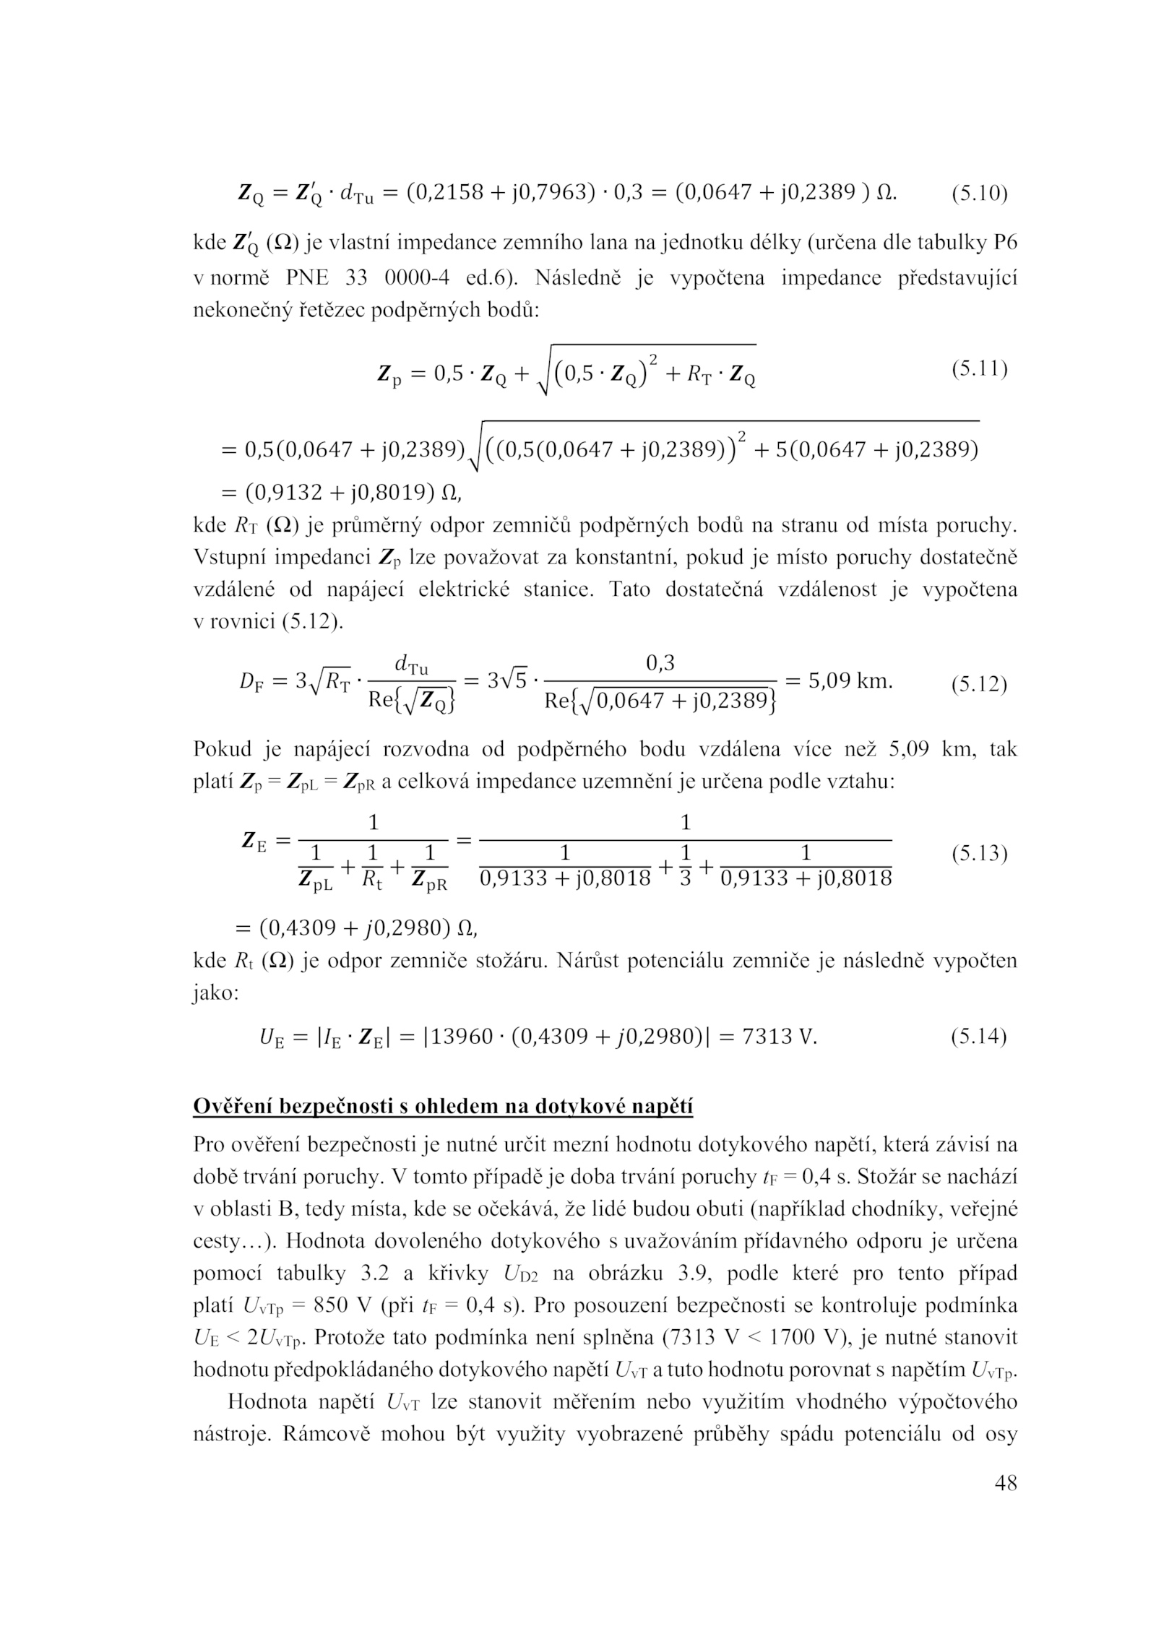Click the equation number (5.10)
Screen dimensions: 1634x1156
(x=978, y=194)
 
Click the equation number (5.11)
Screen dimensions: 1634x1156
(x=978, y=369)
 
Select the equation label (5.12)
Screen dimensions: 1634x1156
(x=978, y=683)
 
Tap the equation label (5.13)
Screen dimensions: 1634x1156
(x=978, y=854)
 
